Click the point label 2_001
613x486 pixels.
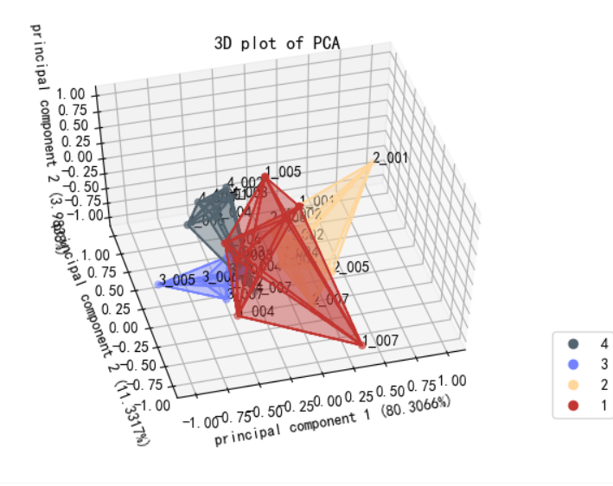coord(390,158)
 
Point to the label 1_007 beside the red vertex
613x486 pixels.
coord(380,340)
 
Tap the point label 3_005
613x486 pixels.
coord(176,279)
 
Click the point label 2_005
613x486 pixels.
coord(352,267)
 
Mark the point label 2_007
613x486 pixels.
coord(331,299)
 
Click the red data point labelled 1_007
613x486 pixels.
coord(361,345)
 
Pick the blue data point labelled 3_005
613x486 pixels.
coord(159,285)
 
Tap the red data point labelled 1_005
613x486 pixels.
coord(266,178)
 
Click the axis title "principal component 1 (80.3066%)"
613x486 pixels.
coord(333,421)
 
